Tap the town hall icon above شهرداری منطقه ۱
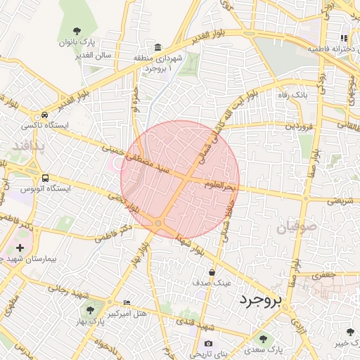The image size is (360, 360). tap(157, 45)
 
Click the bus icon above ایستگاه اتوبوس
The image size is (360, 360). tap(46, 179)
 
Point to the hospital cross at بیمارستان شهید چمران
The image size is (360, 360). tap(20, 247)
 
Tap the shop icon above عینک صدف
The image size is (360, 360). tap(212, 271)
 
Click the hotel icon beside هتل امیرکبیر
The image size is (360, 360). tap(127, 302)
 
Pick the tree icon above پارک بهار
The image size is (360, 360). tap(90, 309)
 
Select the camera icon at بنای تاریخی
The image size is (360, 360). tap(208, 343)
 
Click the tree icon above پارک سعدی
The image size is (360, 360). tap(263, 339)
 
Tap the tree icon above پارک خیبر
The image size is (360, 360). tap(350, 332)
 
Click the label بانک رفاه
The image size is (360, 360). tap(290, 94)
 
